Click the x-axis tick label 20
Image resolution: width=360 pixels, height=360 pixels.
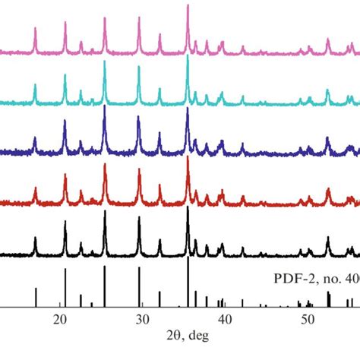pos(60,321)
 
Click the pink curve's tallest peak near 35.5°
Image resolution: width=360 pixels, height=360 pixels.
pos(188,6)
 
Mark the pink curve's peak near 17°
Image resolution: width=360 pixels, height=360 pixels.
pos(35,29)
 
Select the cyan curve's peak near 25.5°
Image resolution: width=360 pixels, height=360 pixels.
pos(104,63)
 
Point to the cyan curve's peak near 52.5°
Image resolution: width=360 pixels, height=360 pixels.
pos(328,91)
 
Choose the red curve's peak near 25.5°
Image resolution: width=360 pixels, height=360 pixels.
pos(104,166)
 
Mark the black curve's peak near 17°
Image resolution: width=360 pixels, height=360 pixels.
pos(35,238)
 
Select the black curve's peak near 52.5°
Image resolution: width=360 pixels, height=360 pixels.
pos(328,238)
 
